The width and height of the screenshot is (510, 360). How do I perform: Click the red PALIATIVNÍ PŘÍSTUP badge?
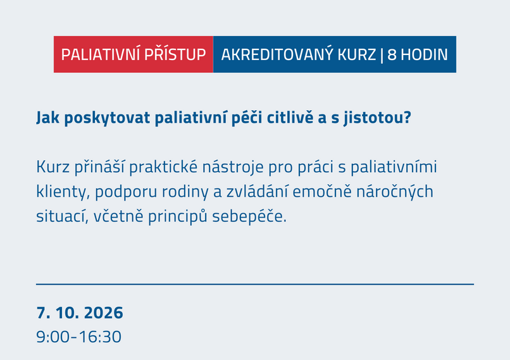coord(134,54)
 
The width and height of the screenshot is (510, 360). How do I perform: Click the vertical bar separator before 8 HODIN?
coord(381,54)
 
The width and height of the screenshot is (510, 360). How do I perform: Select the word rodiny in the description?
coord(180,192)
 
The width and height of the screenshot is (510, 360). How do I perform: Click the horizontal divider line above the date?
coord(255,284)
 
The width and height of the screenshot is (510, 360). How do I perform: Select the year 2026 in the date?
coord(103,313)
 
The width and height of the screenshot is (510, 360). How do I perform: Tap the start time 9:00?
coord(53,336)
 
